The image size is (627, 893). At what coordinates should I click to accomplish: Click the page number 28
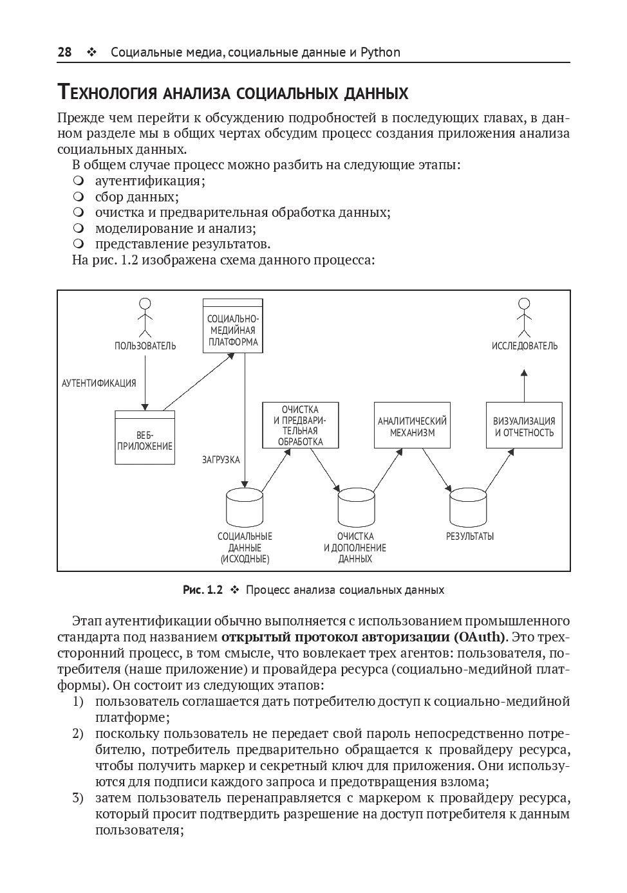coord(64,52)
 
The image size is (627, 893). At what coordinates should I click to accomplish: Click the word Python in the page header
coord(380,52)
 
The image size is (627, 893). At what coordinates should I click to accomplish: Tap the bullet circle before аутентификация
coord(79,181)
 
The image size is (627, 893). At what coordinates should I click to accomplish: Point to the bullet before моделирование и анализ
coord(79,228)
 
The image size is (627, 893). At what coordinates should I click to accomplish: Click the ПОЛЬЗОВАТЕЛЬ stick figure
coord(145,317)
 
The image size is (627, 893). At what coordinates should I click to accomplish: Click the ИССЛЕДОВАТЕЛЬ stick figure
coord(524,317)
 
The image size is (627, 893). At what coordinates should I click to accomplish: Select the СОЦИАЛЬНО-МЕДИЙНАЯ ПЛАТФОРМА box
coord(232,326)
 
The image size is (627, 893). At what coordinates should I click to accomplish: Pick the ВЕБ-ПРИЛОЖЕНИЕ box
coord(145,437)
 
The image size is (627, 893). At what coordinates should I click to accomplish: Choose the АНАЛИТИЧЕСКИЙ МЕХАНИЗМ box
coord(412,425)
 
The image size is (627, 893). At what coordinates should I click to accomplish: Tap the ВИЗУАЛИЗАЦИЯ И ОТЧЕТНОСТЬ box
coord(524,425)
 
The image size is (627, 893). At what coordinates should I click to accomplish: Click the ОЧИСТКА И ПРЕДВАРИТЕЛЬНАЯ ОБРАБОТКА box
coord(300,425)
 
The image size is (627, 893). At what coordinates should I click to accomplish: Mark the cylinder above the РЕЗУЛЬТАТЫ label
coord(468,507)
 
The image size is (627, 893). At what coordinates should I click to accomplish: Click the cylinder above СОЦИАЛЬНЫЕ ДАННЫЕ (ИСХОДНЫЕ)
coord(245,507)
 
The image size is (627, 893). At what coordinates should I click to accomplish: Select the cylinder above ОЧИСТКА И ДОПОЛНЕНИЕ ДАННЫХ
coord(356,507)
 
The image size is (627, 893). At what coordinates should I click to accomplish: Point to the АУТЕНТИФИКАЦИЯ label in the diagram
coord(99,383)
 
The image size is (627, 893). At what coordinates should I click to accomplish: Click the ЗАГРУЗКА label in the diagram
coord(221,460)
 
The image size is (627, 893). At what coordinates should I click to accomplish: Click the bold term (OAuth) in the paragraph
coord(480,638)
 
